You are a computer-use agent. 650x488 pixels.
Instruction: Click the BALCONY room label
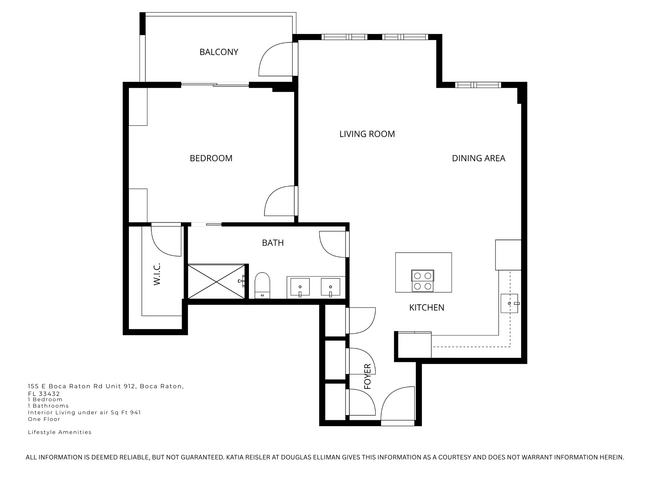218,52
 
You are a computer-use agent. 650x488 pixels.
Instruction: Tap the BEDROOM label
211,158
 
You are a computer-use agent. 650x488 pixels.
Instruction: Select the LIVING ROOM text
367,134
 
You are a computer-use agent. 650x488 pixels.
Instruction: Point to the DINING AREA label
478,158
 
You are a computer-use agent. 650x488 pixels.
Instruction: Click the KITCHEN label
426,307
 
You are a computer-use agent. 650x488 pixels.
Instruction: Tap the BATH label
273,243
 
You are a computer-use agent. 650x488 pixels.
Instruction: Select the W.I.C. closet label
158,274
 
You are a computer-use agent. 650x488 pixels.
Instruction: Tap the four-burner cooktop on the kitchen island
423,278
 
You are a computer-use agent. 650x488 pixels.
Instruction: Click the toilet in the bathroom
262,286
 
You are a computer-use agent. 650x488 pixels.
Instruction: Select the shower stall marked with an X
217,281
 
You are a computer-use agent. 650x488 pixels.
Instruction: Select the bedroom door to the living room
279,201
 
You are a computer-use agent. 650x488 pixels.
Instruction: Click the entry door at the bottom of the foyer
397,404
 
